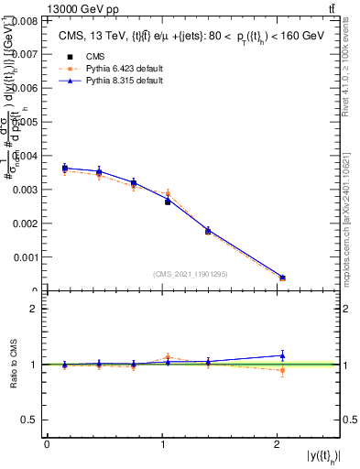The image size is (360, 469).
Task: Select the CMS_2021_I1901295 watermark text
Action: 191,274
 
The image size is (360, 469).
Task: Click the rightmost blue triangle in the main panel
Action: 282,277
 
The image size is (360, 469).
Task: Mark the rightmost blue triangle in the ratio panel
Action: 282,355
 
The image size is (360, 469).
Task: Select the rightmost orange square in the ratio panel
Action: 282,370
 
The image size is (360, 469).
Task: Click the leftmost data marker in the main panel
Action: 65,168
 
